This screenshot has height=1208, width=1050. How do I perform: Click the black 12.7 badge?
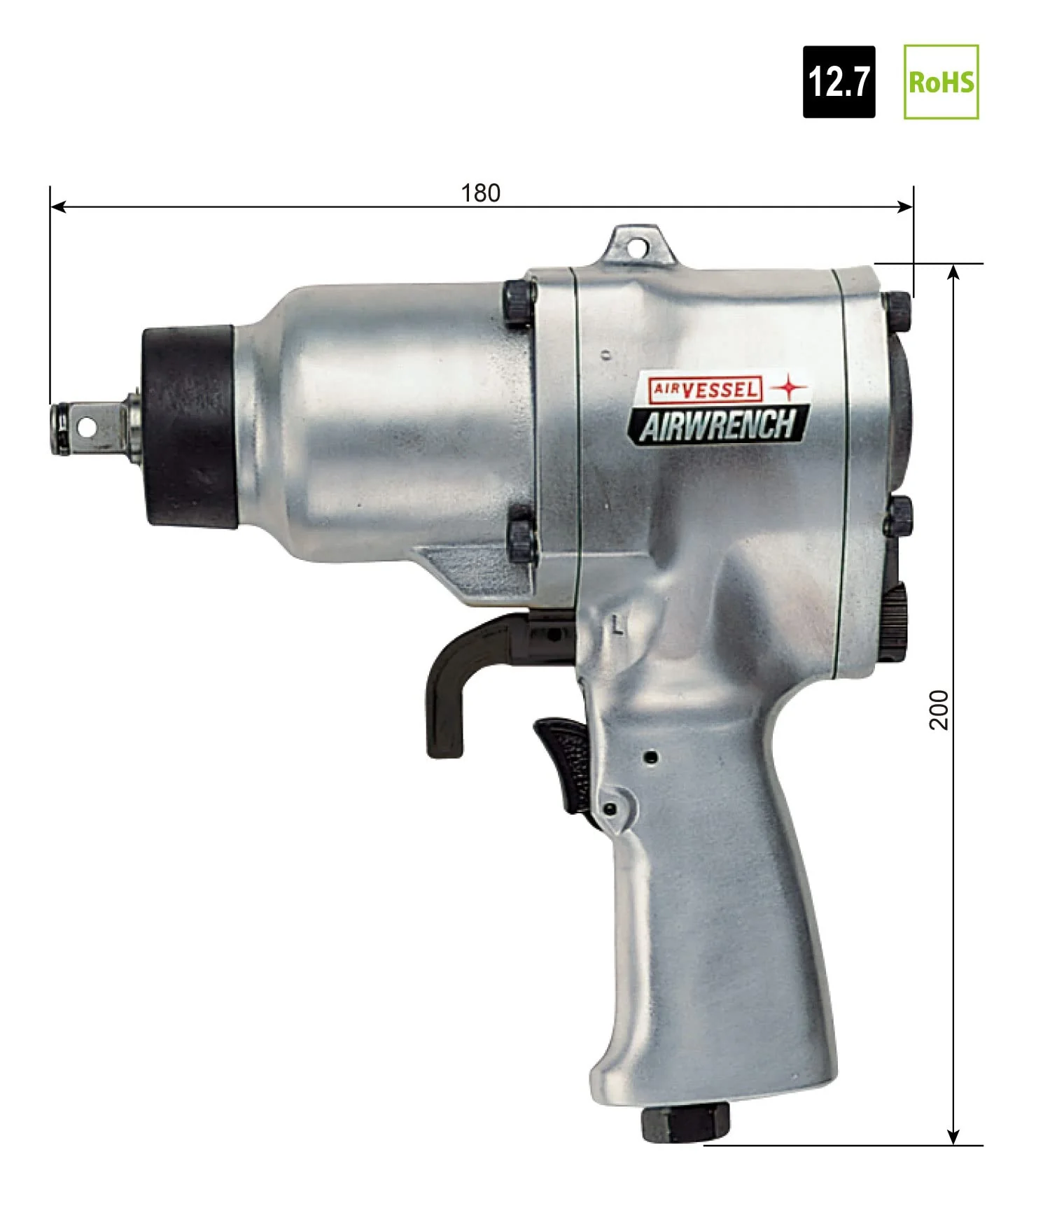pyautogui.click(x=839, y=82)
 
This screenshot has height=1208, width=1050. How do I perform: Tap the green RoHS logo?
pyautogui.click(x=941, y=82)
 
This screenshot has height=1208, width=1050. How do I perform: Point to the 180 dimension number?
pyautogui.click(x=481, y=193)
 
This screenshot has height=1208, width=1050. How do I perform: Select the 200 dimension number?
pyautogui.click(x=939, y=710)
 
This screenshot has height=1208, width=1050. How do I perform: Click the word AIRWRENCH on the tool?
pyautogui.click(x=718, y=426)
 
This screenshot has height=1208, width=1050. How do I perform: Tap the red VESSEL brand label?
pyautogui.click(x=704, y=388)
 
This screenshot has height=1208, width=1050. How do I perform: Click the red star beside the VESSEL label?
pyautogui.click(x=788, y=387)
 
